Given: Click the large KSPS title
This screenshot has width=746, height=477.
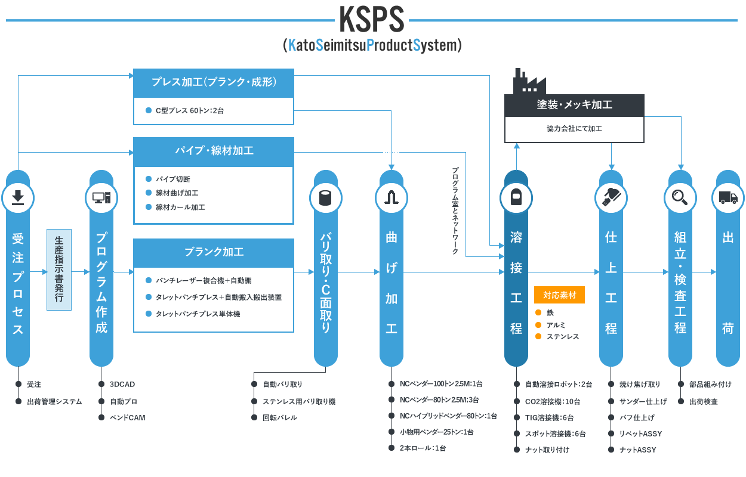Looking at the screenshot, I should tap(372, 20).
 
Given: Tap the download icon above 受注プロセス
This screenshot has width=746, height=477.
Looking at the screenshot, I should tap(18, 197).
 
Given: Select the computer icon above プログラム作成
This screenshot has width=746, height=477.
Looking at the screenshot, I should tap(101, 197).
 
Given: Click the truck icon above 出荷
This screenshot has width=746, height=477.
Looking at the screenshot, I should tap(727, 197).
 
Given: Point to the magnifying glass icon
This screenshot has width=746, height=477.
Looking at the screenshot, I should tap(680, 197).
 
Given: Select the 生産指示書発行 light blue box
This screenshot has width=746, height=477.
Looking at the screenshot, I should tap(59, 270).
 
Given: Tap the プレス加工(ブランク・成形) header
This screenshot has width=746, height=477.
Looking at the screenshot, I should tap(214, 82).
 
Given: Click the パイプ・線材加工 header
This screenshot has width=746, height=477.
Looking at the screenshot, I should tap(214, 151).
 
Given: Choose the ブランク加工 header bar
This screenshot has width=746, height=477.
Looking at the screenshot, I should tap(214, 252).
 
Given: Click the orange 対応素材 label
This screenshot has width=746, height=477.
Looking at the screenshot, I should tap(559, 295).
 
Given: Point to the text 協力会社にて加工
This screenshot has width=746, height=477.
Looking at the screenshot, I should tap(574, 129).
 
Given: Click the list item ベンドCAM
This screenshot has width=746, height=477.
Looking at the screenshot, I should tap(127, 417).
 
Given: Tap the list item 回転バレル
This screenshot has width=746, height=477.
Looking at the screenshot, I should tap(280, 417).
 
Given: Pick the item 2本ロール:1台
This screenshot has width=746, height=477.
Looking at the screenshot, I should tap(423, 448).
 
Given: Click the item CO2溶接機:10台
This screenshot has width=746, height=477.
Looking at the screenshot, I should tap(552, 401).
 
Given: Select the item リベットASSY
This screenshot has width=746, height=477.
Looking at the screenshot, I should tap(640, 433).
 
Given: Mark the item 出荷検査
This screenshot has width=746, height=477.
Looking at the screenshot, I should tap(703, 401).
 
